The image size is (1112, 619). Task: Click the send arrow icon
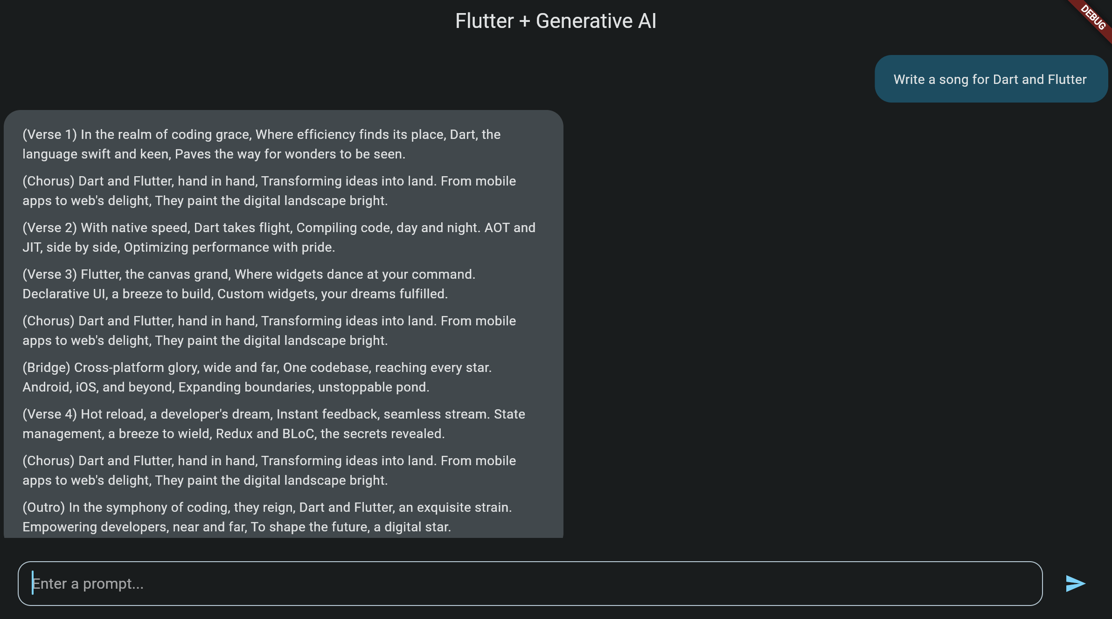[1076, 584]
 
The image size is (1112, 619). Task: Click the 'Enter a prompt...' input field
[529, 584]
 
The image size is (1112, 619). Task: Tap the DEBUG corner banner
[1093, 18]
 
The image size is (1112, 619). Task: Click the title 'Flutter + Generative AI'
[556, 21]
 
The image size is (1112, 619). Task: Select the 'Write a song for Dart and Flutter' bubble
[990, 79]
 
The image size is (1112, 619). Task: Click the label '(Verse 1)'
[49, 135]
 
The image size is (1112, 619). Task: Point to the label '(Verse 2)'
[49, 228]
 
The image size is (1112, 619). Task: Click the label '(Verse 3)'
[49, 275]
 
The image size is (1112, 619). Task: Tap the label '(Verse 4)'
[49, 414]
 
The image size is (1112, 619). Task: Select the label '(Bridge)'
[46, 368]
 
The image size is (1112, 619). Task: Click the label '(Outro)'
[43, 508]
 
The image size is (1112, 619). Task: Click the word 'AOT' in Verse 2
[497, 228]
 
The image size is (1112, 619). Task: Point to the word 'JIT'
[32, 248]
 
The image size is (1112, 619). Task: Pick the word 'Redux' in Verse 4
[234, 434]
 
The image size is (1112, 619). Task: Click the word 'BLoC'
[299, 434]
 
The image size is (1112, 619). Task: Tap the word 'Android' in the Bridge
[46, 387]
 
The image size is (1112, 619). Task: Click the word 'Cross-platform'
[119, 368]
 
